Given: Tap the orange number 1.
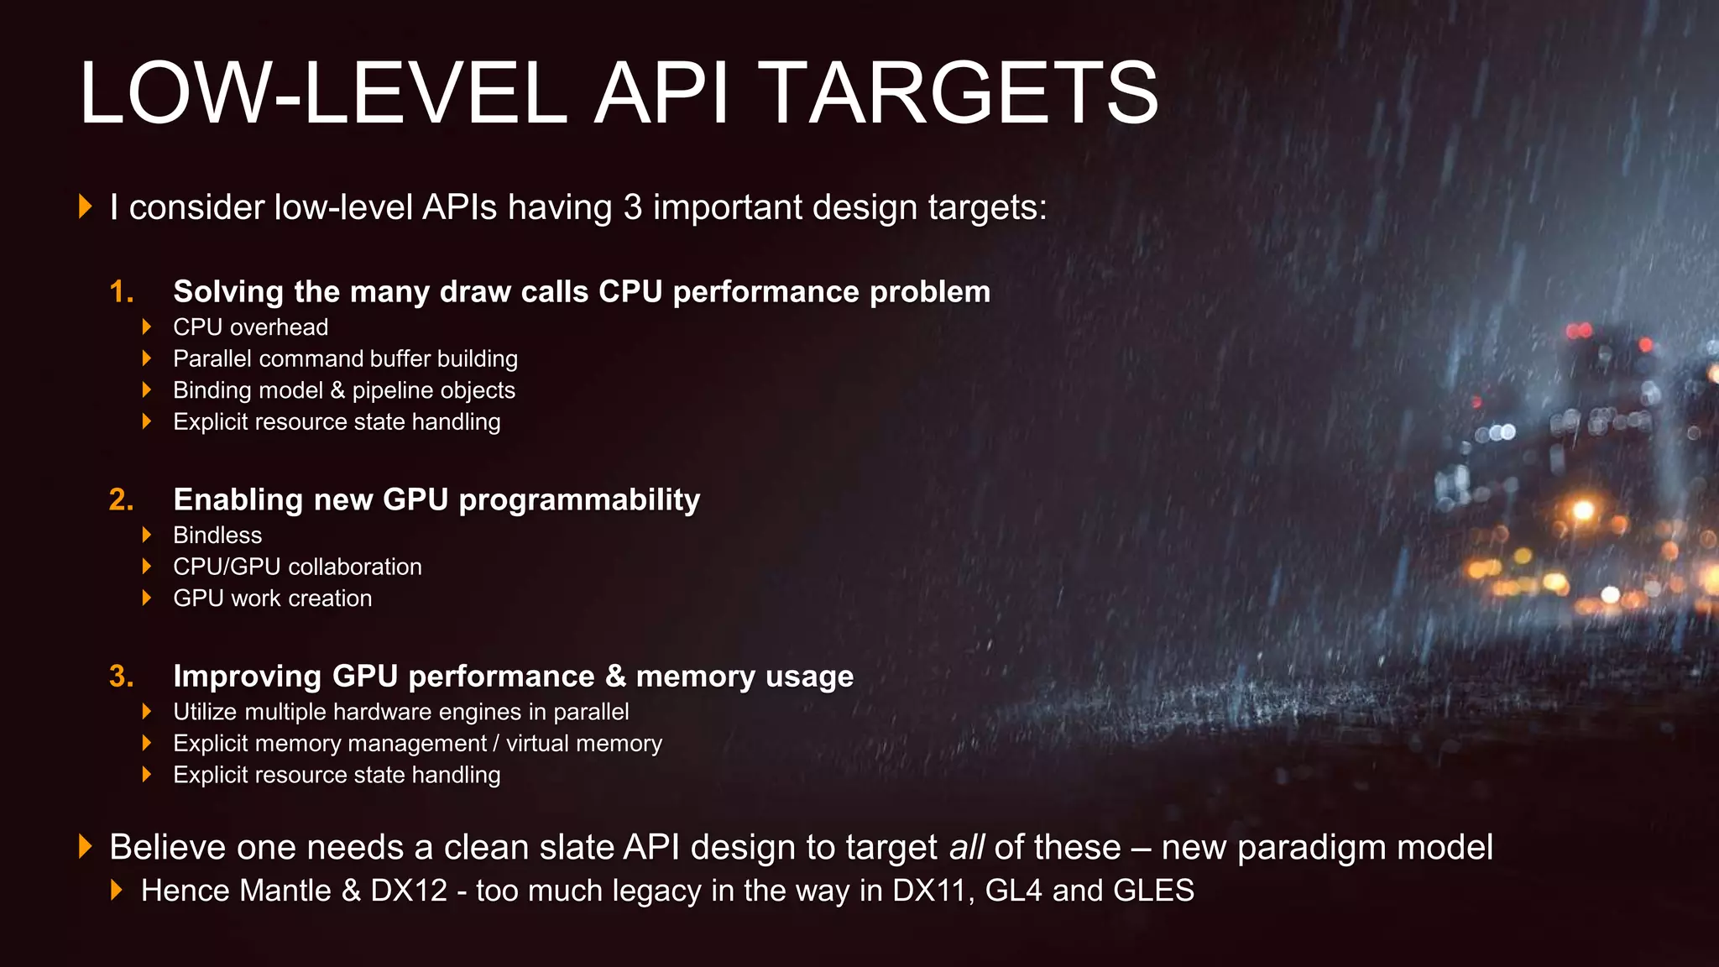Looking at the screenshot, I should (120, 292).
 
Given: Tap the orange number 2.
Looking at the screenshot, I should (120, 500).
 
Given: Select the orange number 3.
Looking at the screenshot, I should (120, 677).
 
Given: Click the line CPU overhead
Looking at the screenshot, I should (250, 327).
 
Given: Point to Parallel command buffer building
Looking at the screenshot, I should (345, 359).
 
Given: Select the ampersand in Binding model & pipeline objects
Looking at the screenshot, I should (337, 390).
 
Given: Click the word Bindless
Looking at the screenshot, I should (217, 536).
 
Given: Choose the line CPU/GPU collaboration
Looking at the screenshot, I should (297, 567).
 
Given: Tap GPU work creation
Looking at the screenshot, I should (272, 598).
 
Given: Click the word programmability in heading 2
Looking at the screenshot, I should (579, 500).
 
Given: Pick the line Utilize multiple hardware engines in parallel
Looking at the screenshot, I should (400, 713).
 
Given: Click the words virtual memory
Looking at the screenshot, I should (584, 744).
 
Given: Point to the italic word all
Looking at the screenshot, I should (967, 848).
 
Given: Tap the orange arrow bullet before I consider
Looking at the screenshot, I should (85, 206).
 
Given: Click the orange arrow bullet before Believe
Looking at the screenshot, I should (85, 846).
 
